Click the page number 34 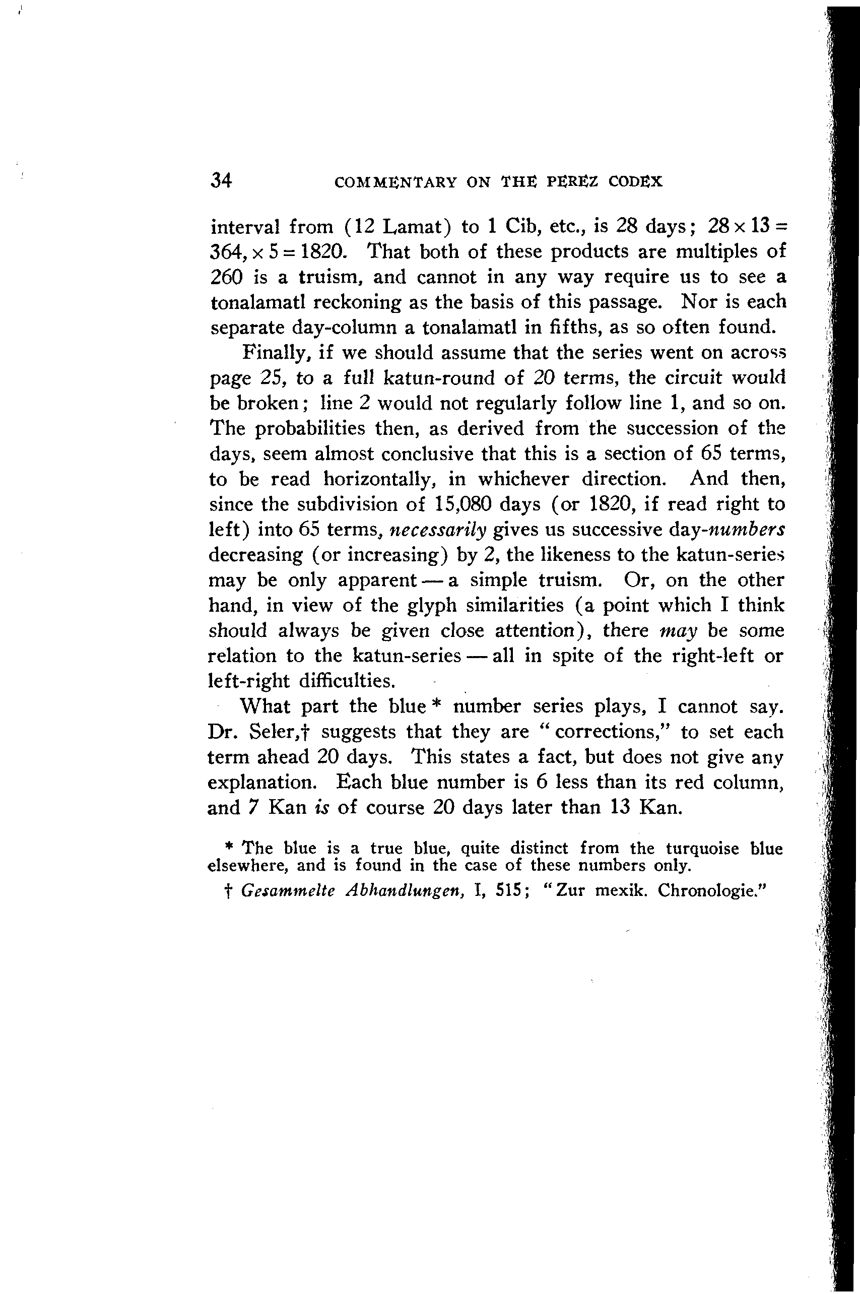(x=221, y=180)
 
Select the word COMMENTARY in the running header (x=395, y=182)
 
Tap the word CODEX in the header (x=635, y=181)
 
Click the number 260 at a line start (x=226, y=277)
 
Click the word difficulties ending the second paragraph (x=347, y=681)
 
